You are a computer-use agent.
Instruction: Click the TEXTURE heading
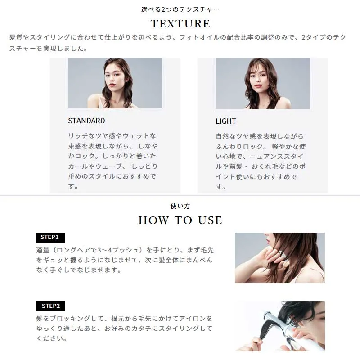[180, 24]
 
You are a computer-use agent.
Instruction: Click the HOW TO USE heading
[180, 220]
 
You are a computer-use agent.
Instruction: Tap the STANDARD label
[86, 121]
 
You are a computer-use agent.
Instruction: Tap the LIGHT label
[226, 121]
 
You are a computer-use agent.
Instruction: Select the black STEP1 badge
[50, 238]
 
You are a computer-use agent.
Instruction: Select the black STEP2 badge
[50, 306]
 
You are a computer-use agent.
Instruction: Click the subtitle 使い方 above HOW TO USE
[180, 206]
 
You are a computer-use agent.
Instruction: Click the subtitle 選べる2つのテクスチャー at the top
[180, 9]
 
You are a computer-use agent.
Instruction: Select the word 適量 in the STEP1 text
[43, 250]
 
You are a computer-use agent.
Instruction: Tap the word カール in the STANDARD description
[78, 166]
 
